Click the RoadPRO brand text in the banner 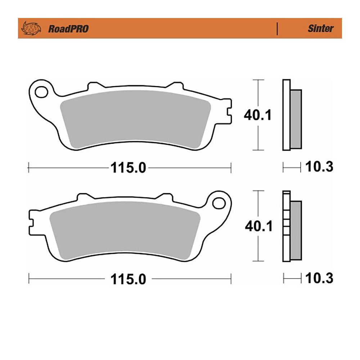68,29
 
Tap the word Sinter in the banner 320,28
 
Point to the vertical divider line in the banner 277,28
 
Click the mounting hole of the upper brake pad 41,91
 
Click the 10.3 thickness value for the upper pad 319,167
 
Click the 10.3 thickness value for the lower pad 319,278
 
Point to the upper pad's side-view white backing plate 287,115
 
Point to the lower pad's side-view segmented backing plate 287,227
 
